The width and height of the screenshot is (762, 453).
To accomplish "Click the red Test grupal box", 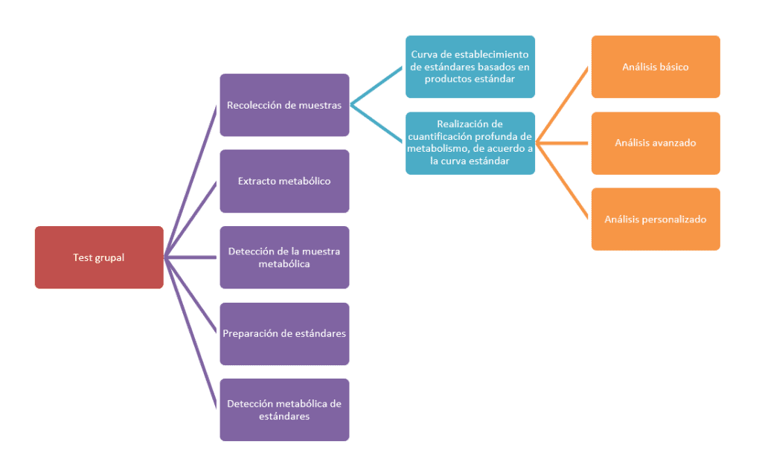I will [99, 257].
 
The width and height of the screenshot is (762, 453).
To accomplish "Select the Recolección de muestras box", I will [284, 105].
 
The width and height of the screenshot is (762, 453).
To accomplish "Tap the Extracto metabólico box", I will [284, 181].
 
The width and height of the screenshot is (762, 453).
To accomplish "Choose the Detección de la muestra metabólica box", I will [284, 257].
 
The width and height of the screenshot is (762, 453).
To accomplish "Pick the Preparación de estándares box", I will [284, 333].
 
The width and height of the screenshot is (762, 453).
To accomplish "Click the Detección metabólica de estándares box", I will [284, 410].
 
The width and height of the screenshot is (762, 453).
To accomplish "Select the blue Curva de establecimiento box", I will [470, 67].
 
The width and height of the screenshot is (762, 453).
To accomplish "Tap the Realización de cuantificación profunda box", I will [470, 143].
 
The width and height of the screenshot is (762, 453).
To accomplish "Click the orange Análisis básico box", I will [656, 67].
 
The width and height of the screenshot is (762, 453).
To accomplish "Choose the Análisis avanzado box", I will [656, 143].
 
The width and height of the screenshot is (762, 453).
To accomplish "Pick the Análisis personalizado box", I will [656, 219].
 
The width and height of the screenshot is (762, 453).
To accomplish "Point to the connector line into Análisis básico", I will [563, 104].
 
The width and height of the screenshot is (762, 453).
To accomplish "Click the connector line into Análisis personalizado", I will [563, 181].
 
